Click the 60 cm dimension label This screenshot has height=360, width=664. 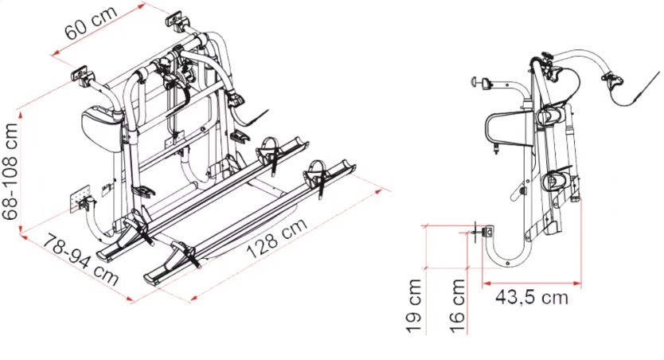[x=91, y=23]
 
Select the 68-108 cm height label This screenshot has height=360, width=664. [x=10, y=171]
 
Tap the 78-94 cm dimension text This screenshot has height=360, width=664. [x=80, y=259]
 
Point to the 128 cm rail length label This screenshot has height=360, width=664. [x=276, y=238]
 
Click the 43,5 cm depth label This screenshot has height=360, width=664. [x=532, y=298]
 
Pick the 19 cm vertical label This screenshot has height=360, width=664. [x=415, y=305]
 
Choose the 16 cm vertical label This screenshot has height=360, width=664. [x=458, y=305]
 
